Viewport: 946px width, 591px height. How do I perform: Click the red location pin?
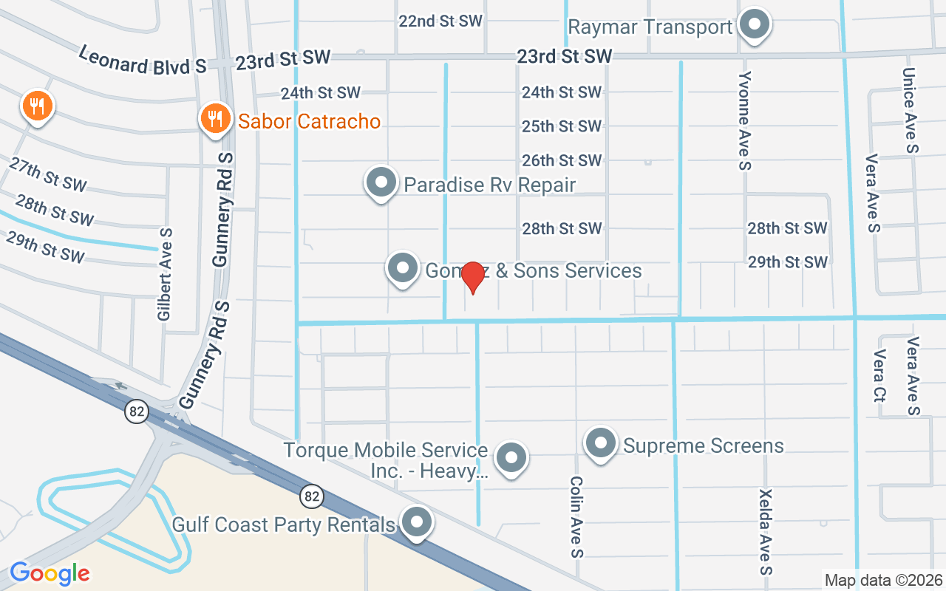[472, 278]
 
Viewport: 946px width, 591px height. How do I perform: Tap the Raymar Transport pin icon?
[755, 25]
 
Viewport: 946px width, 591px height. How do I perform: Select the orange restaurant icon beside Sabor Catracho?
[214, 119]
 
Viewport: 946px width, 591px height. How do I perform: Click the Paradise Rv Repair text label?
[489, 185]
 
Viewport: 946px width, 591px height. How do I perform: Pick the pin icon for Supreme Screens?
[600, 444]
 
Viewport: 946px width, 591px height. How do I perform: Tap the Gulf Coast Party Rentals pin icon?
[417, 523]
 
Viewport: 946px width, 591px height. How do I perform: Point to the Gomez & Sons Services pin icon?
[403, 269]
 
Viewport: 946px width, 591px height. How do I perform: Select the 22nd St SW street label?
[440, 21]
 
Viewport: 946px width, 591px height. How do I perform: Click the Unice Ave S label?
[910, 111]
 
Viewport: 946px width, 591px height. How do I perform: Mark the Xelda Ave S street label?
[766, 531]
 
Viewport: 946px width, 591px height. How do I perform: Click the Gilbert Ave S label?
[165, 273]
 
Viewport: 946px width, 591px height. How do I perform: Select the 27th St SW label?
[48, 174]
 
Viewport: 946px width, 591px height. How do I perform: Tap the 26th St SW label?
[562, 160]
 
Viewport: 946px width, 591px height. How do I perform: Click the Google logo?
[50, 573]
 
